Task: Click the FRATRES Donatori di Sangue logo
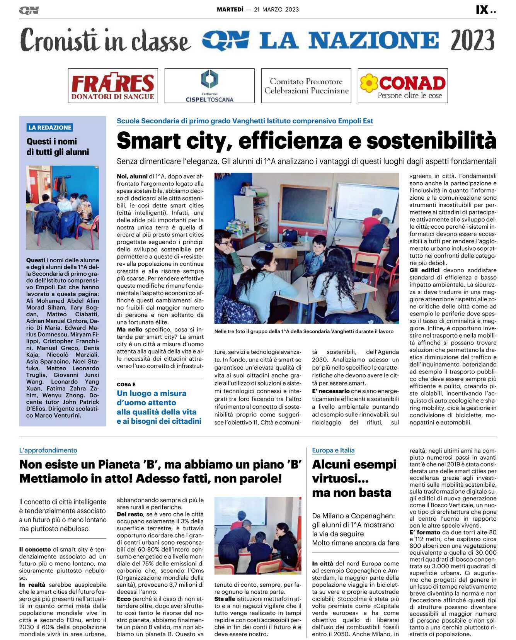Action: point(113,86)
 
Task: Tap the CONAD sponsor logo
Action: point(403,86)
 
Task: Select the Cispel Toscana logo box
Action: point(209,86)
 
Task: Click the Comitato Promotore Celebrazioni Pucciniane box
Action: point(306,86)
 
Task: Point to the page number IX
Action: point(482,10)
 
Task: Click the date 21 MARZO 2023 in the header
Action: point(276,10)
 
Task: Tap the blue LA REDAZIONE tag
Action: point(50,127)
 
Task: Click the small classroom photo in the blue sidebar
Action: point(63,207)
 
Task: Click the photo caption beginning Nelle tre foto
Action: point(304,331)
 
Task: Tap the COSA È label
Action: point(126,384)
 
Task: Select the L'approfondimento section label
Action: point(48,450)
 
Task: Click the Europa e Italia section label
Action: point(333,450)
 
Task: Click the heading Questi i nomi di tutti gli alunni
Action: point(58,147)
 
